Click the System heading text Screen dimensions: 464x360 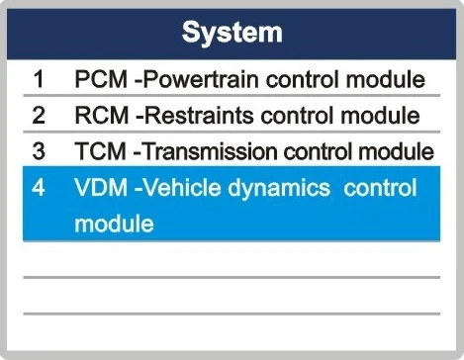[232, 34]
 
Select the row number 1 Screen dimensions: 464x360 [39, 79]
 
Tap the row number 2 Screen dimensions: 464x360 [39, 116]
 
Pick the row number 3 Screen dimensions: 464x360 [39, 151]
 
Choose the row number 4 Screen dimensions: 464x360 [39, 187]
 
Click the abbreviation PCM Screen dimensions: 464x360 [101, 79]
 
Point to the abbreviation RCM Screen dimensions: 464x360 [102, 116]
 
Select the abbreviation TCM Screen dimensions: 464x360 [100, 151]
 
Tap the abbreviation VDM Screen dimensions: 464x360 [101, 187]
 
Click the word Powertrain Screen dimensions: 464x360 [201, 80]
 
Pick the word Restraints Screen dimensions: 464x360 [199, 116]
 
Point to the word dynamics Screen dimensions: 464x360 [279, 189]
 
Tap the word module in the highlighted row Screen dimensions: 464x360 [114, 224]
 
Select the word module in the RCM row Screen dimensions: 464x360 [380, 116]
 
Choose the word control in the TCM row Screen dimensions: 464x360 [319, 151]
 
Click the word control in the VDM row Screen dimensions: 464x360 [380, 187]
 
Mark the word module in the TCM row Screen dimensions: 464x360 [396, 151]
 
